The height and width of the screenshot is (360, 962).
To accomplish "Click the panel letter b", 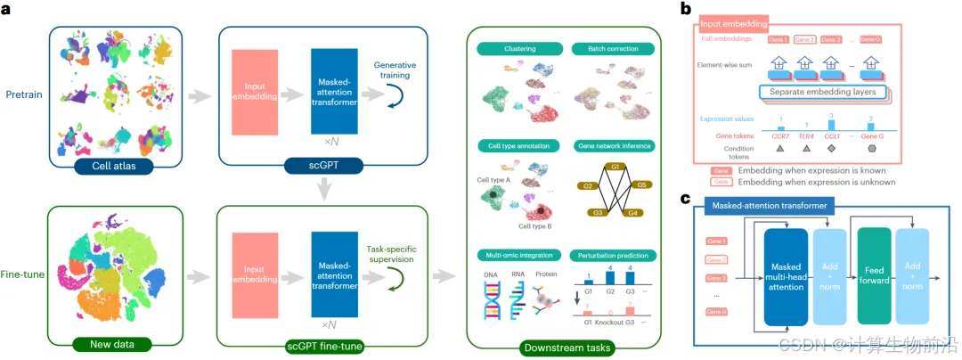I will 685,10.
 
